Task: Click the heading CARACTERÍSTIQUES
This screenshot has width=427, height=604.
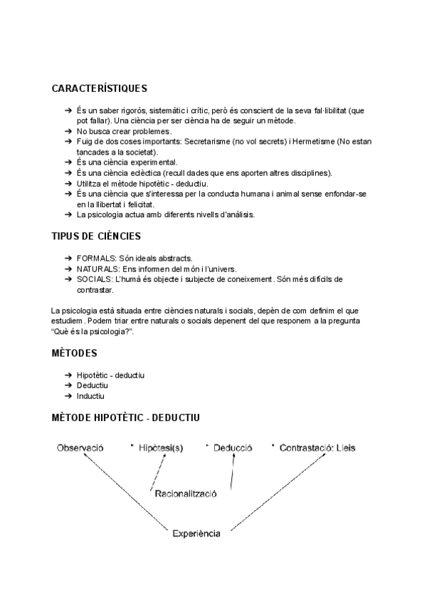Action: click(x=100, y=89)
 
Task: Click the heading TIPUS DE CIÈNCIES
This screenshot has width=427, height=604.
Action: click(x=96, y=236)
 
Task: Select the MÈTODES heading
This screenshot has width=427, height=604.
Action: click(x=75, y=353)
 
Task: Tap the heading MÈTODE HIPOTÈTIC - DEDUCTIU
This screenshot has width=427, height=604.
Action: click(x=130, y=417)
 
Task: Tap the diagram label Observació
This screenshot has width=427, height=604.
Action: click(x=77, y=448)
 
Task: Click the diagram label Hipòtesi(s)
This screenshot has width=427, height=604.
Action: click(x=161, y=448)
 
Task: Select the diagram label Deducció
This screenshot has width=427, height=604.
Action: click(x=233, y=448)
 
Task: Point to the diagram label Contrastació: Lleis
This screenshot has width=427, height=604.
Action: click(x=317, y=448)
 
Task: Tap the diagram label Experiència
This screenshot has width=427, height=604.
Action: click(x=196, y=532)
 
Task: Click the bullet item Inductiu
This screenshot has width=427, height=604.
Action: click(x=90, y=396)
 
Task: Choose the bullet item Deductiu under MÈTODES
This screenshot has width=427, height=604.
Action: click(x=92, y=385)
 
